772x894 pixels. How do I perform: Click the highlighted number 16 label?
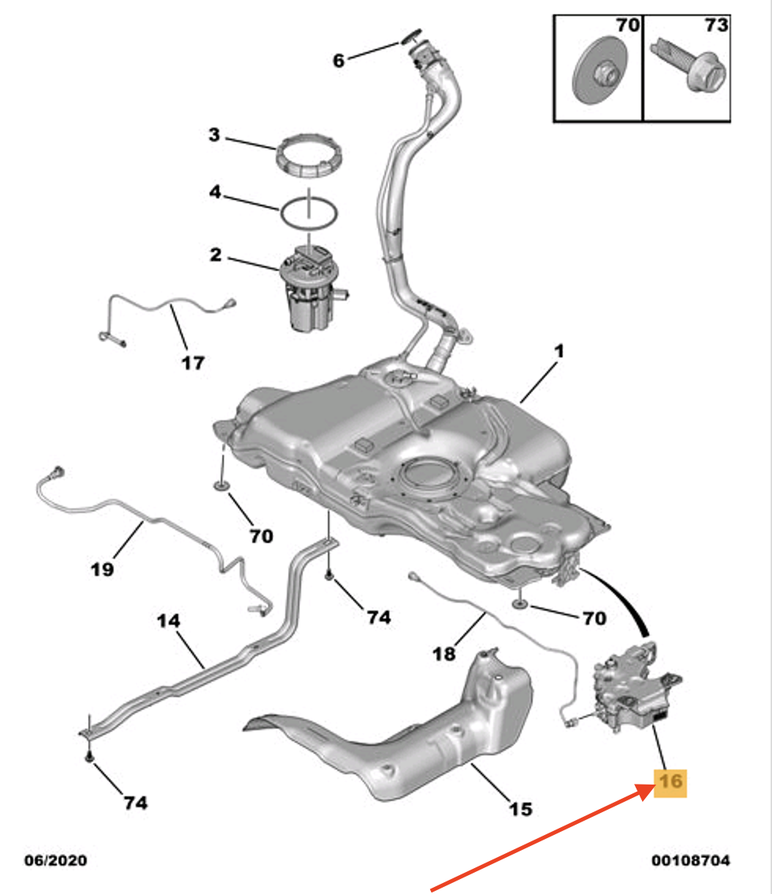pyautogui.click(x=670, y=781)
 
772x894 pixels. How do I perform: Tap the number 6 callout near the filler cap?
pyautogui.click(x=339, y=60)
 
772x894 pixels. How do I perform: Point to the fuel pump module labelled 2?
pyautogui.click(x=310, y=287)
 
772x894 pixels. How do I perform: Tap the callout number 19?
pyautogui.click(x=102, y=568)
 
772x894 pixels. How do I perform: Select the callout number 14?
pyautogui.click(x=168, y=621)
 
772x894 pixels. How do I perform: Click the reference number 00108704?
pyautogui.click(x=690, y=861)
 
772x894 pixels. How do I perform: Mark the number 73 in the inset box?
pyautogui.click(x=715, y=26)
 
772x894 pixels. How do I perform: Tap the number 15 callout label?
pyautogui.click(x=521, y=807)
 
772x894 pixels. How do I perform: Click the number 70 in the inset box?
pyautogui.click(x=627, y=26)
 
